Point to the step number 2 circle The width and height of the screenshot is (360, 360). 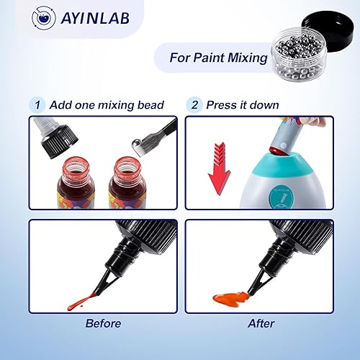coord(194,104)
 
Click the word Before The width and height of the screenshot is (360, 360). coord(102,323)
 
